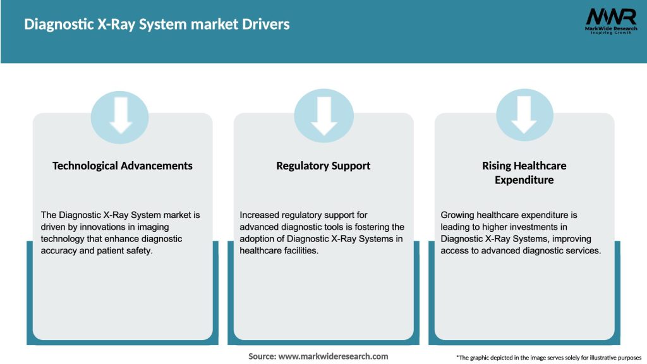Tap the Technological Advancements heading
123,166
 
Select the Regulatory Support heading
323,166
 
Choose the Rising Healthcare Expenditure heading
524,173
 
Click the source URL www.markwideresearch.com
333,356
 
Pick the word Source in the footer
262,356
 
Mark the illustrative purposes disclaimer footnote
548,358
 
